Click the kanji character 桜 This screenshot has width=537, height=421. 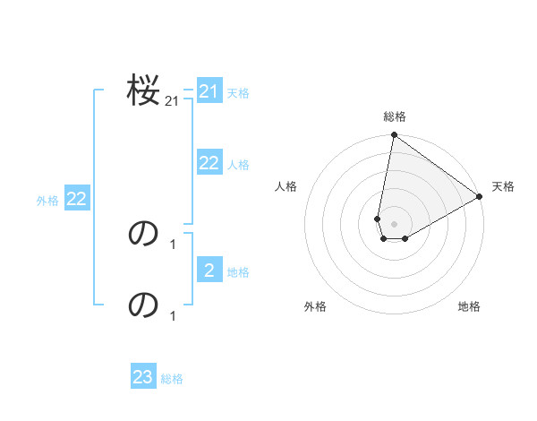(143, 90)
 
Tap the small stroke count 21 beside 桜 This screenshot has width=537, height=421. (172, 102)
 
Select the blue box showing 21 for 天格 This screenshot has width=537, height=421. (209, 91)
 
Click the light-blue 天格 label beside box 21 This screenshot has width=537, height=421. (238, 92)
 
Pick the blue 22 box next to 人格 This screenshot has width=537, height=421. (209, 163)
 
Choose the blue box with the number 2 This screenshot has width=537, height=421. (209, 271)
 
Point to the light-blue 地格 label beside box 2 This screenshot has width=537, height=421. (238, 271)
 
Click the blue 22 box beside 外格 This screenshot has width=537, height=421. (77, 199)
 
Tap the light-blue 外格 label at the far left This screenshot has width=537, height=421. (47, 201)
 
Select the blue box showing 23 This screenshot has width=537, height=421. (143, 377)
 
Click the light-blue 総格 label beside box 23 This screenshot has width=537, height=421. (172, 379)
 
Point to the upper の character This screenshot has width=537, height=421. (143, 234)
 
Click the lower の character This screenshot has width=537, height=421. (143, 305)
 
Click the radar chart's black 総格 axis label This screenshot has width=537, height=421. (395, 116)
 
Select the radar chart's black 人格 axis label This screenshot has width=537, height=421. (286, 186)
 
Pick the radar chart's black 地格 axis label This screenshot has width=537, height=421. (469, 306)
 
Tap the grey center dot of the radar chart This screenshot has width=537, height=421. (394, 224)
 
